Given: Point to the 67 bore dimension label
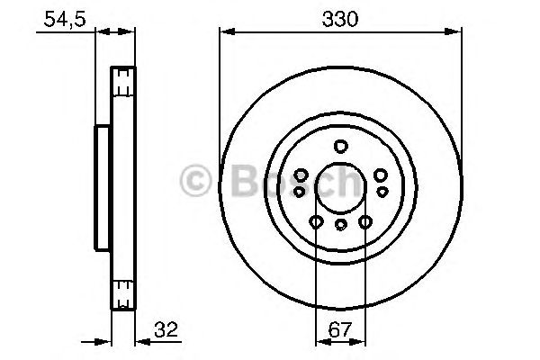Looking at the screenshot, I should tap(340, 330).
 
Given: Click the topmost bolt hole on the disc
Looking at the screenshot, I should tap(340, 147).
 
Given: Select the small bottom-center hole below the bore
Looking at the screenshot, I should tap(340, 226).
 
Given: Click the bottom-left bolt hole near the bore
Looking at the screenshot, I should tap(316, 220).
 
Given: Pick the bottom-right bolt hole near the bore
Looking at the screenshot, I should tap(364, 220).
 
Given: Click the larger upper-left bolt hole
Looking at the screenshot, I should tap(302, 174).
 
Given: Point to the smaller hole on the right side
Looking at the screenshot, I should tap(382, 192).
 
